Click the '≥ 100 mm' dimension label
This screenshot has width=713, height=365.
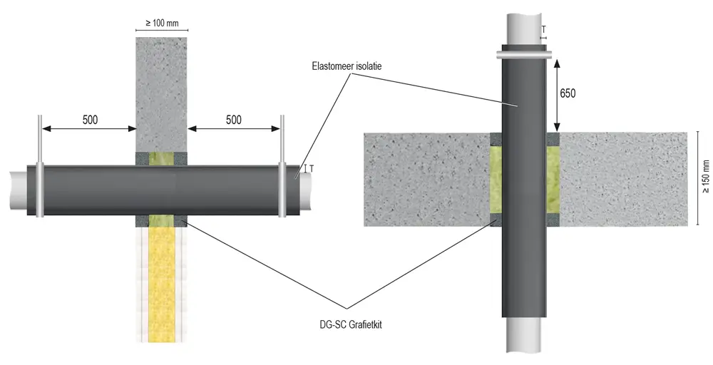pyautogui.click(x=162, y=24)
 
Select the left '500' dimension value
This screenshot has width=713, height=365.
pyautogui.click(x=90, y=120)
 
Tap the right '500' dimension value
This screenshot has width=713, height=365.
pyautogui.click(x=233, y=120)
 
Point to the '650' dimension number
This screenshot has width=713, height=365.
pyautogui.click(x=568, y=93)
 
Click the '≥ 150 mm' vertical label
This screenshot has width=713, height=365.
pyautogui.click(x=706, y=176)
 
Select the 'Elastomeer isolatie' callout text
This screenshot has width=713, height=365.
pyautogui.click(x=347, y=66)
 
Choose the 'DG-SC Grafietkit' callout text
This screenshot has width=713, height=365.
pyautogui.click(x=351, y=325)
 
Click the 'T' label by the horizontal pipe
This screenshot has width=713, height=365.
pyautogui.click(x=312, y=169)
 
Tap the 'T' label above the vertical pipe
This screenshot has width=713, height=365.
pyautogui.click(x=544, y=30)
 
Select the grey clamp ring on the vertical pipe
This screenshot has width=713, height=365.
pyautogui.click(x=524, y=55)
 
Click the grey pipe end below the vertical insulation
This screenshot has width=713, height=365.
pyautogui.click(x=524, y=334)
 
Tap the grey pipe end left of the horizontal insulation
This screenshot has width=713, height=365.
pyautogui.click(x=19, y=190)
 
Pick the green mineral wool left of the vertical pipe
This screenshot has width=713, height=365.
pyautogui.click(x=496, y=179)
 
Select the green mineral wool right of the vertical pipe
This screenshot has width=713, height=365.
pyautogui.click(x=553, y=179)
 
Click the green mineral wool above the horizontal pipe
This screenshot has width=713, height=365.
pyautogui.click(x=161, y=159)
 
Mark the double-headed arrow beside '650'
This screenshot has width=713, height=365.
pyautogui.click(x=557, y=96)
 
